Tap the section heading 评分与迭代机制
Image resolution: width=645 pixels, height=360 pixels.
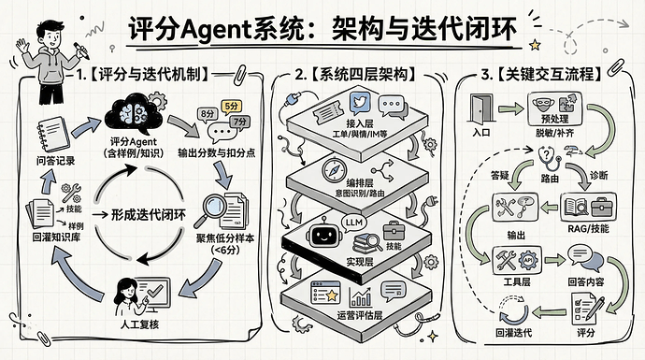coord(150,73)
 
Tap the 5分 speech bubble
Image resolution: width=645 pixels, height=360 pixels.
coord(231,106)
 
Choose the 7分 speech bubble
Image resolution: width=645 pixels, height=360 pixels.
coord(239,122)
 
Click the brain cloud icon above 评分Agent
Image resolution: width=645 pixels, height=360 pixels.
coord(136,115)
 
